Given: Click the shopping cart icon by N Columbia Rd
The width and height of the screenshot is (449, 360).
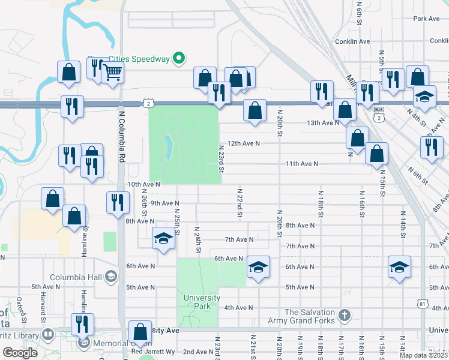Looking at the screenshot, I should click(x=112, y=72).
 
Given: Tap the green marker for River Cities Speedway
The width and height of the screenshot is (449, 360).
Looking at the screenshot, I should click(x=178, y=58).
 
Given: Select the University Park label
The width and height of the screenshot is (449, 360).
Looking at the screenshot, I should click(x=202, y=302).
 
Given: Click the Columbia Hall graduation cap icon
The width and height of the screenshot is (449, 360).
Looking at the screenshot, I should click(x=110, y=276).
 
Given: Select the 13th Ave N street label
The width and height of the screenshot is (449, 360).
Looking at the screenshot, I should click(x=323, y=123).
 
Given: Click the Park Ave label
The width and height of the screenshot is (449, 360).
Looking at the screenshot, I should click(x=426, y=19).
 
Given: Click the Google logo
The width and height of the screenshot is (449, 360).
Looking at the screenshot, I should click(x=20, y=353).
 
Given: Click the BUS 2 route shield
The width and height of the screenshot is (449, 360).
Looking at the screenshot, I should click(x=378, y=114).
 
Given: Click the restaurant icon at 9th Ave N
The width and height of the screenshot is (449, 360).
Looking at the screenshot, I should click(x=117, y=202).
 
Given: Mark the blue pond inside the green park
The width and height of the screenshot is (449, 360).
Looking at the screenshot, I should click(x=168, y=145).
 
